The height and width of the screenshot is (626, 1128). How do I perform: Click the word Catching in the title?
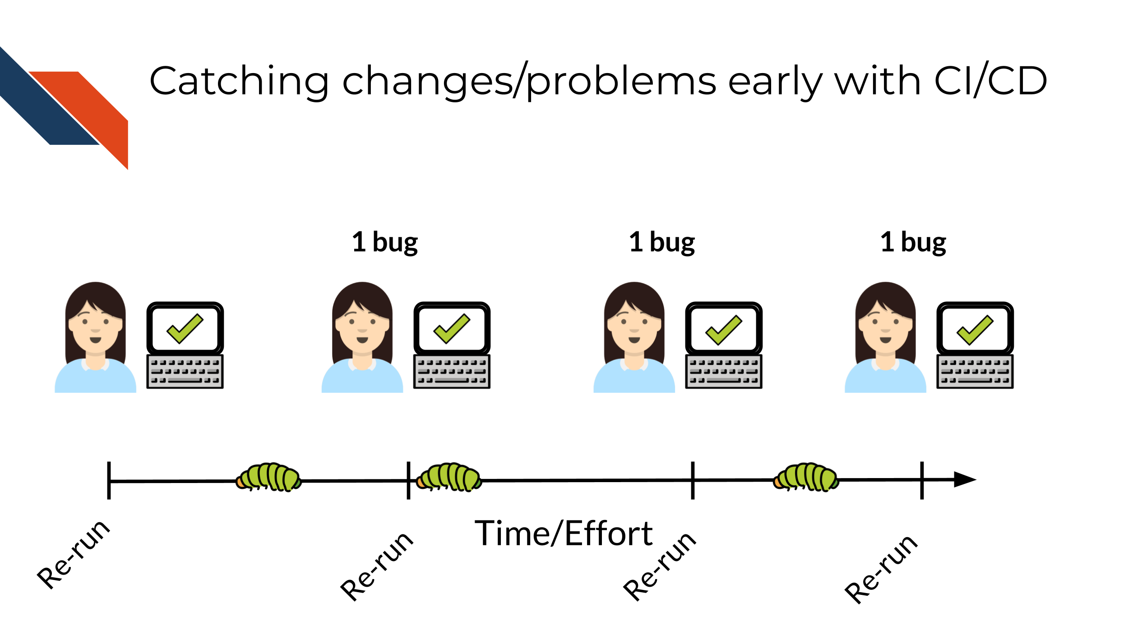[x=239, y=81]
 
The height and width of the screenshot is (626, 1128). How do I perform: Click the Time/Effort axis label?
[x=564, y=534]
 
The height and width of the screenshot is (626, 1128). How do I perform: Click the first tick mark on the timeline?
[x=109, y=480]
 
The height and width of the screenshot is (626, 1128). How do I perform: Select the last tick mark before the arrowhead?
[x=922, y=480]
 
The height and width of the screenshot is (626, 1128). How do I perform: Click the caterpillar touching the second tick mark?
[x=449, y=477]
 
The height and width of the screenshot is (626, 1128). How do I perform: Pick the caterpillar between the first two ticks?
[x=268, y=477]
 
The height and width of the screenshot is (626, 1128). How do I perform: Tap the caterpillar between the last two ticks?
[x=806, y=477]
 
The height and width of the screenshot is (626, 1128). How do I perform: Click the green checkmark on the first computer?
[x=185, y=328]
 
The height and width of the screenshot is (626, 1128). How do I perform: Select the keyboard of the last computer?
[x=975, y=372]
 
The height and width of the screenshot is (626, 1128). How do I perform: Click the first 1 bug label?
[x=385, y=243]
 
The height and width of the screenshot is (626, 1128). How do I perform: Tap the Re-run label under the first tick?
[x=74, y=555]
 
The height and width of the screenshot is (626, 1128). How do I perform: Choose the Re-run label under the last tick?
[x=881, y=569]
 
